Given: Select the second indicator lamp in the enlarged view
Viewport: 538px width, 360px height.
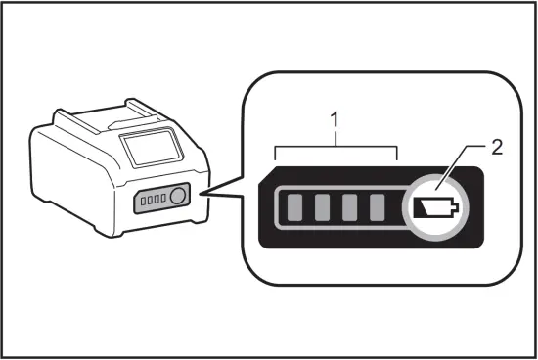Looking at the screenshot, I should (x=322, y=207).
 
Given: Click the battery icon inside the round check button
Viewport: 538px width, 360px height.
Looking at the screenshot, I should (x=434, y=207).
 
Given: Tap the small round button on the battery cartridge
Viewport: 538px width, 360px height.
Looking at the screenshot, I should (x=177, y=198).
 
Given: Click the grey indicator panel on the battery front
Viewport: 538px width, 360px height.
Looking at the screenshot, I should (x=160, y=200).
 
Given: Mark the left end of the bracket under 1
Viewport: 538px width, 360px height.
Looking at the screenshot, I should (x=277, y=155).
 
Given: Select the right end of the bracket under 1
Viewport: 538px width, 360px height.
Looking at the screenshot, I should (x=395, y=155).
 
